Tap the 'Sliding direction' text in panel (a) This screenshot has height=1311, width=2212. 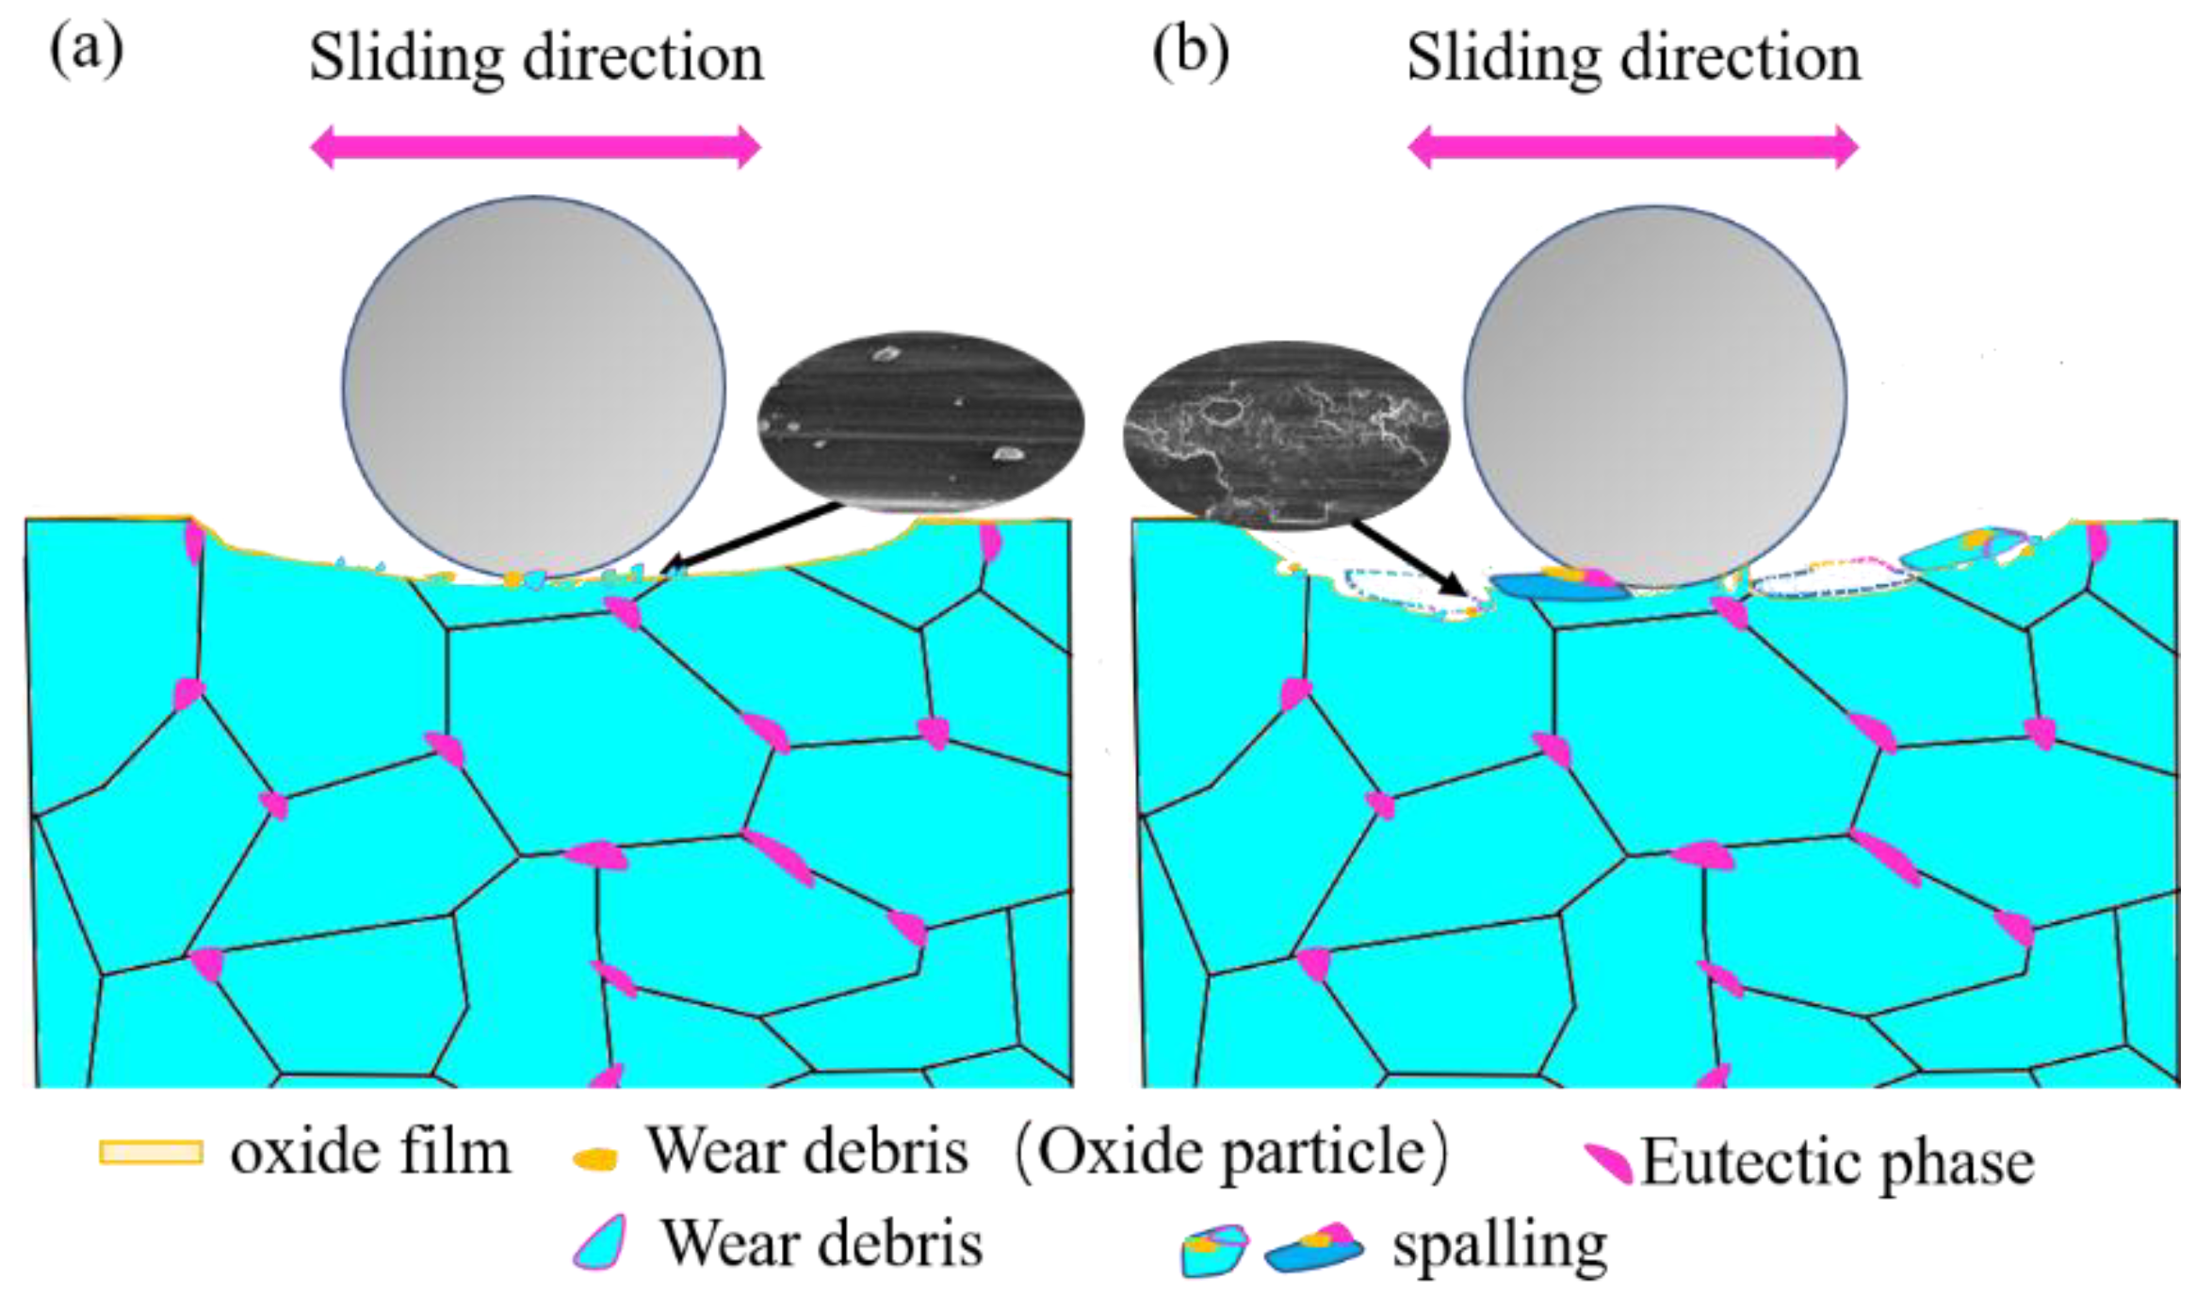(x=536, y=58)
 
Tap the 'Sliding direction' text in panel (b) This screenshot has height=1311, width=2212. (x=1634, y=58)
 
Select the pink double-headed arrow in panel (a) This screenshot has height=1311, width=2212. (x=535, y=147)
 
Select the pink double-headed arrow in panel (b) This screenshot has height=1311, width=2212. (x=1633, y=147)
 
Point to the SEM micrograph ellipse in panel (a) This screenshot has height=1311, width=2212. (x=920, y=421)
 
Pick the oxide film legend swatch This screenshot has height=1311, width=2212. (x=151, y=1153)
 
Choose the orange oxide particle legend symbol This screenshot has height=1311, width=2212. (x=595, y=1158)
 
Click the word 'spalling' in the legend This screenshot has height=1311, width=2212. (x=1500, y=1245)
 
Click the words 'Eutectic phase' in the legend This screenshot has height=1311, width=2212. (x=1837, y=1162)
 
